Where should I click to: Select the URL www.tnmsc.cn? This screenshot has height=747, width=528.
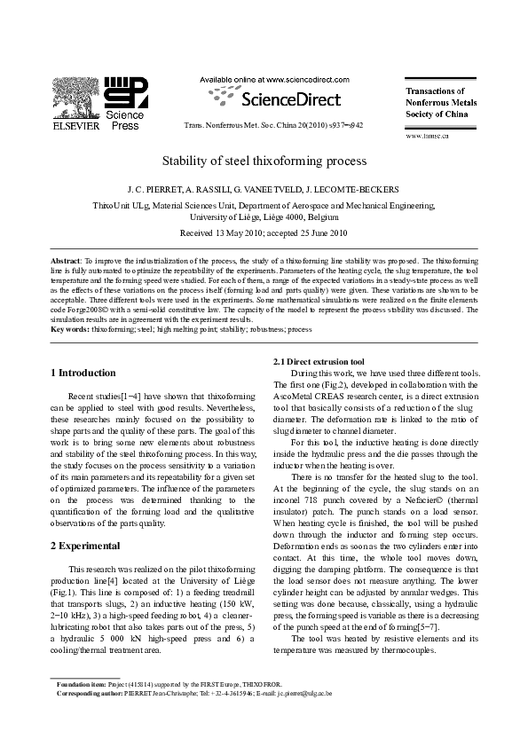[x=427, y=136]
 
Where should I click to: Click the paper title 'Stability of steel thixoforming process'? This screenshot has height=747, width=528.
[x=264, y=162]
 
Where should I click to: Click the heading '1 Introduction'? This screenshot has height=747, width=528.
[x=83, y=373]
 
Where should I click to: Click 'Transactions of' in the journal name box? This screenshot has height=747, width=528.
[x=435, y=91]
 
